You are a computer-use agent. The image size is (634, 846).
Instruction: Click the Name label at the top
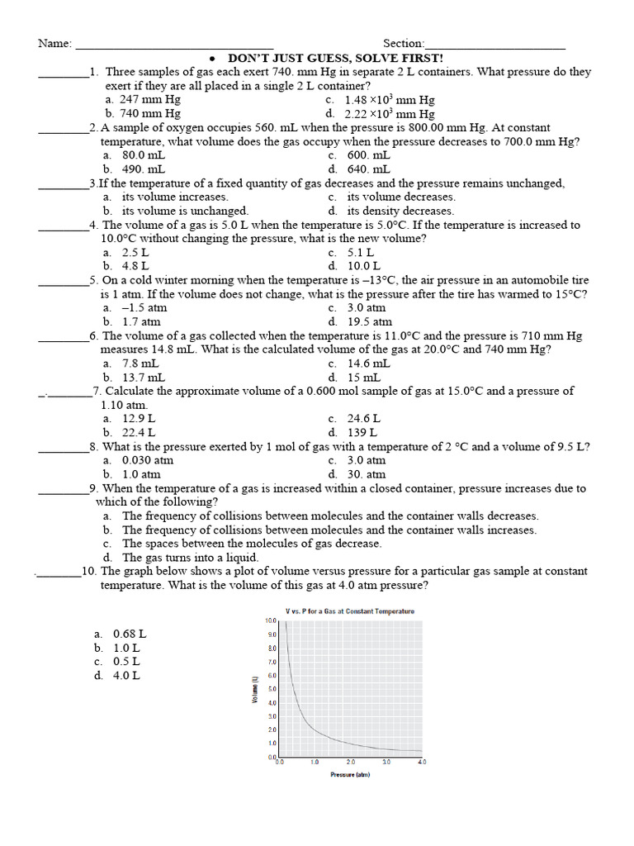pyautogui.click(x=54, y=44)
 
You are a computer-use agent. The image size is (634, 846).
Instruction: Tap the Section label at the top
pyautogui.click(x=403, y=44)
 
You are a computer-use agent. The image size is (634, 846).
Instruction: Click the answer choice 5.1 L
pyautogui.click(x=360, y=253)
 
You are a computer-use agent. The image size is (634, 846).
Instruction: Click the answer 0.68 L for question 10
pyautogui.click(x=130, y=634)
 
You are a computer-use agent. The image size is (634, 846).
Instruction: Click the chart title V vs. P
pyautogui.click(x=349, y=611)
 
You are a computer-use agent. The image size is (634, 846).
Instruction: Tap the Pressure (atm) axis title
pyautogui.click(x=350, y=775)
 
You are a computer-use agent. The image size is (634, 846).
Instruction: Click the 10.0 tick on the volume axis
pyautogui.click(x=270, y=620)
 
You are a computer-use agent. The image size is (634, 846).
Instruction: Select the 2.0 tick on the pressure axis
pyautogui.click(x=350, y=762)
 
